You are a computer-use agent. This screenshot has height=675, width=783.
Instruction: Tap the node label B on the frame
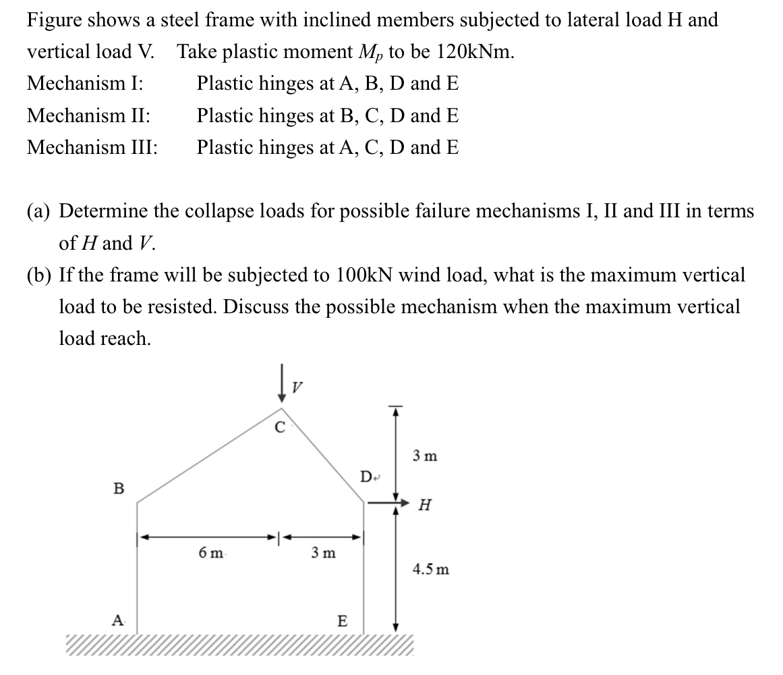click(x=119, y=488)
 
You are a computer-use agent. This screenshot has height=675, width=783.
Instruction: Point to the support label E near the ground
click(x=342, y=621)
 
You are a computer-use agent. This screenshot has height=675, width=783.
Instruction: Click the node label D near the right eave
click(x=365, y=478)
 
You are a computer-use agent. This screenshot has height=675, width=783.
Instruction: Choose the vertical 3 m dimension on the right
click(x=426, y=456)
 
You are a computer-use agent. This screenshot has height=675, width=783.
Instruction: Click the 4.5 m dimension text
click(x=430, y=570)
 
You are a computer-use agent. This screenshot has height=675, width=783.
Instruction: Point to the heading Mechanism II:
click(x=89, y=115)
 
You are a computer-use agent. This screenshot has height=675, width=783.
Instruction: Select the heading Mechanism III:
click(x=92, y=147)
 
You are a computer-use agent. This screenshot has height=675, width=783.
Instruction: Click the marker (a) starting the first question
click(x=40, y=211)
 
